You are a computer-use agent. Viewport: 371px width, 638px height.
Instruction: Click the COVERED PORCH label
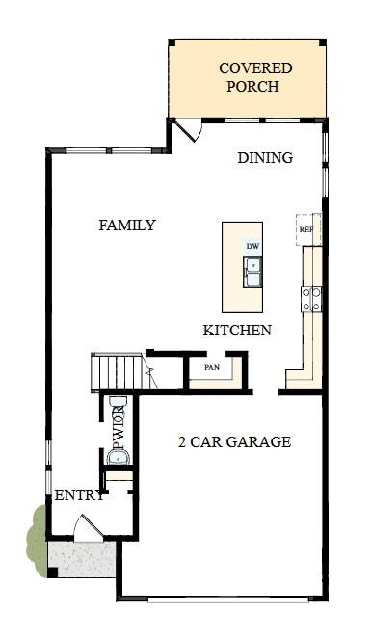pos(255,77)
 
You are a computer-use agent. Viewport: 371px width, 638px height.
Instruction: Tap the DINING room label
pos(265,158)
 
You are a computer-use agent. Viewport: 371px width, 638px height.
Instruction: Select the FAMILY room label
pos(127,226)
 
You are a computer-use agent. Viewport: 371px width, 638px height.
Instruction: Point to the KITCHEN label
pos(237,331)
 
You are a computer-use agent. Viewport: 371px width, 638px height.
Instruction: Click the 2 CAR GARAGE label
pos(234,442)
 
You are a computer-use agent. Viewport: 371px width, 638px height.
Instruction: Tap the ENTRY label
pos(79,496)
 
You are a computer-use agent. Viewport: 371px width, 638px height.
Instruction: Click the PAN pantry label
pos(212,367)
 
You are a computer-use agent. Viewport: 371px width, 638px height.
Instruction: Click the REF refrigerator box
pos(306,229)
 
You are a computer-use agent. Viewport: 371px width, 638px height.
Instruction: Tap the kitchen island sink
pos(252,274)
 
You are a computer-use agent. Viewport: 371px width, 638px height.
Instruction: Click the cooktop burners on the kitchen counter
pos(311,299)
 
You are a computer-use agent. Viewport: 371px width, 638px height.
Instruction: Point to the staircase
pos(117,372)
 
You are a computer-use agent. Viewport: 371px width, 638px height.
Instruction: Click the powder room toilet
pos(118,406)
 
